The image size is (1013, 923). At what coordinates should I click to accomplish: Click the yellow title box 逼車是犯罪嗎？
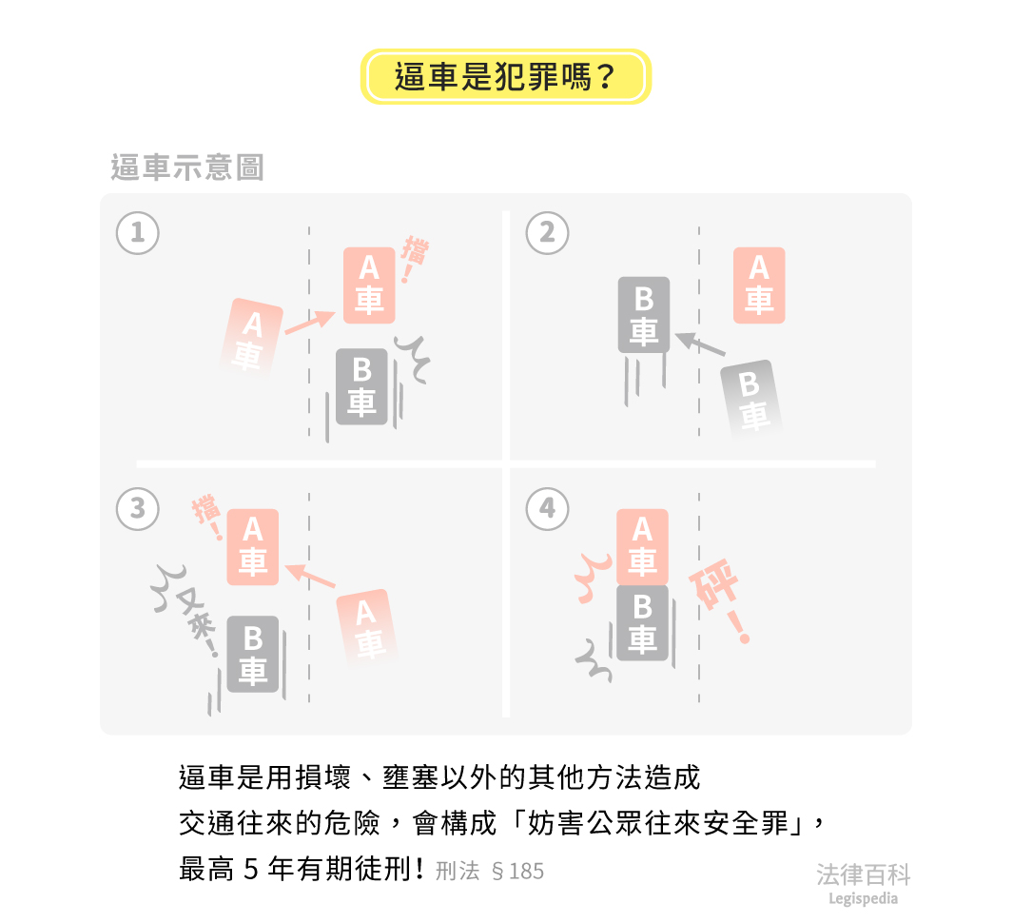pos(506,76)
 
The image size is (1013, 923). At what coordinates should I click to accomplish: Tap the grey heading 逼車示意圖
pos(187,167)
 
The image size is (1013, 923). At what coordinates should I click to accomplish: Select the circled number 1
pos(138,233)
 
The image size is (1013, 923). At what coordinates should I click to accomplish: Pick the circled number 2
pos(547,233)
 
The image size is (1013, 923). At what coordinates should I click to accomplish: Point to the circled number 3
pos(138,509)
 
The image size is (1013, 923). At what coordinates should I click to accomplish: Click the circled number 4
pos(547,509)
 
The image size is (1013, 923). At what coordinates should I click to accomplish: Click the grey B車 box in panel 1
pos(361,386)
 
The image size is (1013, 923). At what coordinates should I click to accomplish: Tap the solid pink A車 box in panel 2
pos(759,285)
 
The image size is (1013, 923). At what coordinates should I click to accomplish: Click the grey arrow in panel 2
pos(700,344)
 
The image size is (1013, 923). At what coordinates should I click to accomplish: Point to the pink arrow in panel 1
pos(310,322)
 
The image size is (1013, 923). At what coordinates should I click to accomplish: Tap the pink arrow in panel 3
pos(310,576)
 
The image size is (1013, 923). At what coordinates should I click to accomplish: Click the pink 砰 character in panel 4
pos(714,584)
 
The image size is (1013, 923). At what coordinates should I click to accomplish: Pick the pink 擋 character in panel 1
pos(415,251)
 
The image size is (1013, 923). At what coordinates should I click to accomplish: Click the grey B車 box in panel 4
pos(642,623)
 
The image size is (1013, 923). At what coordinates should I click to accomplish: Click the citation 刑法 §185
pos(490,872)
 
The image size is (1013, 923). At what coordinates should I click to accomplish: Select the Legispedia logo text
pos(863,898)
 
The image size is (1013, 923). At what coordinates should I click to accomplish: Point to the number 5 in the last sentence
pos(251,870)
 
